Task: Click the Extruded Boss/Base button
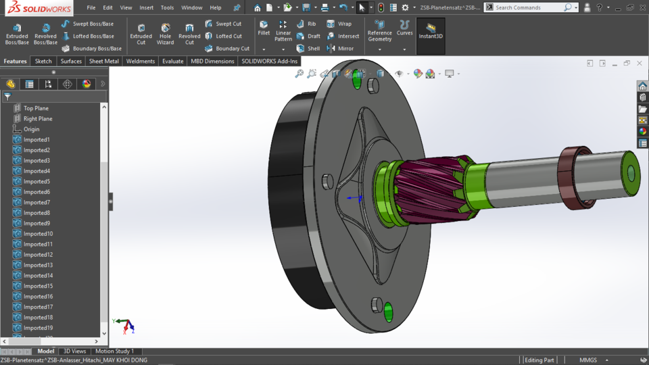coord(17,34)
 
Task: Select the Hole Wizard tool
coord(165,34)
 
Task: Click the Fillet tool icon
coord(264,27)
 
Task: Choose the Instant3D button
coord(431,32)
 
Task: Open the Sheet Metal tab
coord(104,61)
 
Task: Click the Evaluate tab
coord(172,61)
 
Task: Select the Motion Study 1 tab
coord(114,351)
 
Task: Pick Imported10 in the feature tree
coord(38,234)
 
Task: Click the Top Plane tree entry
coord(36,108)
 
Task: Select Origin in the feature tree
coord(31,129)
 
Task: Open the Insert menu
coord(146,7)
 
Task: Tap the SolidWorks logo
coord(39,8)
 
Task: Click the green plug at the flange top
coord(357,80)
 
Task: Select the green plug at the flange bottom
coord(388,312)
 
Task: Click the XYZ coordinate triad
coord(124,325)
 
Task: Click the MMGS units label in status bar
coord(587,360)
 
